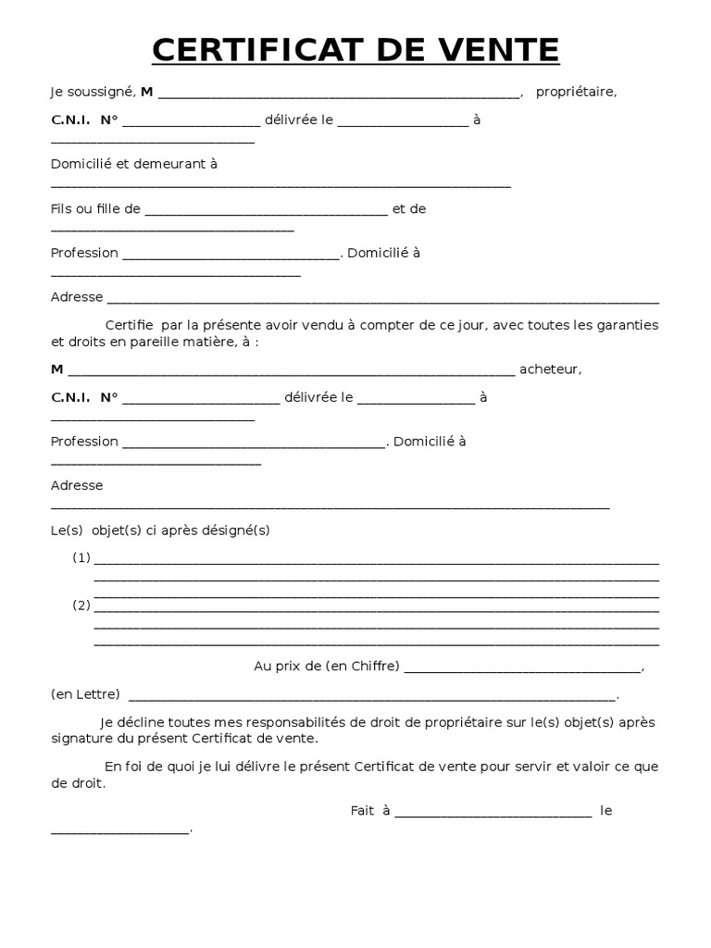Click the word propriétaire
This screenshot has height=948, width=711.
[575, 92]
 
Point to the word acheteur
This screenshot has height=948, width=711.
[550, 369]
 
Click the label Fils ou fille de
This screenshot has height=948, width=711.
[95, 209]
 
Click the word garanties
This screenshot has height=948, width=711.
[627, 325]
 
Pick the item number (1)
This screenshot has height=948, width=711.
[82, 557]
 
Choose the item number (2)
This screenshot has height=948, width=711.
[82, 605]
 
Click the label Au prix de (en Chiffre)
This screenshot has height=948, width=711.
[326, 666]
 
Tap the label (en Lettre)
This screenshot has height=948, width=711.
[85, 693]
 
